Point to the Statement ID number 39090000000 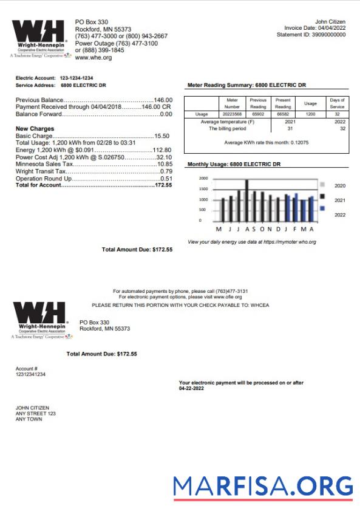(x=328, y=35)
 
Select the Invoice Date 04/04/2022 (x=331, y=29)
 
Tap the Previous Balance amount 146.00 (x=163, y=100)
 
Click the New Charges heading (x=35, y=129)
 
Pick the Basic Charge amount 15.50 (x=162, y=136)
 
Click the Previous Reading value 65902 (x=258, y=114)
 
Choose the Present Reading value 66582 (x=283, y=114)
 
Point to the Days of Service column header (x=337, y=103)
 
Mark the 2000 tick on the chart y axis (x=203, y=179)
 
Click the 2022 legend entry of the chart (x=340, y=214)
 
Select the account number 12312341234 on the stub (x=30, y=374)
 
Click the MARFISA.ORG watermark (x=262, y=486)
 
